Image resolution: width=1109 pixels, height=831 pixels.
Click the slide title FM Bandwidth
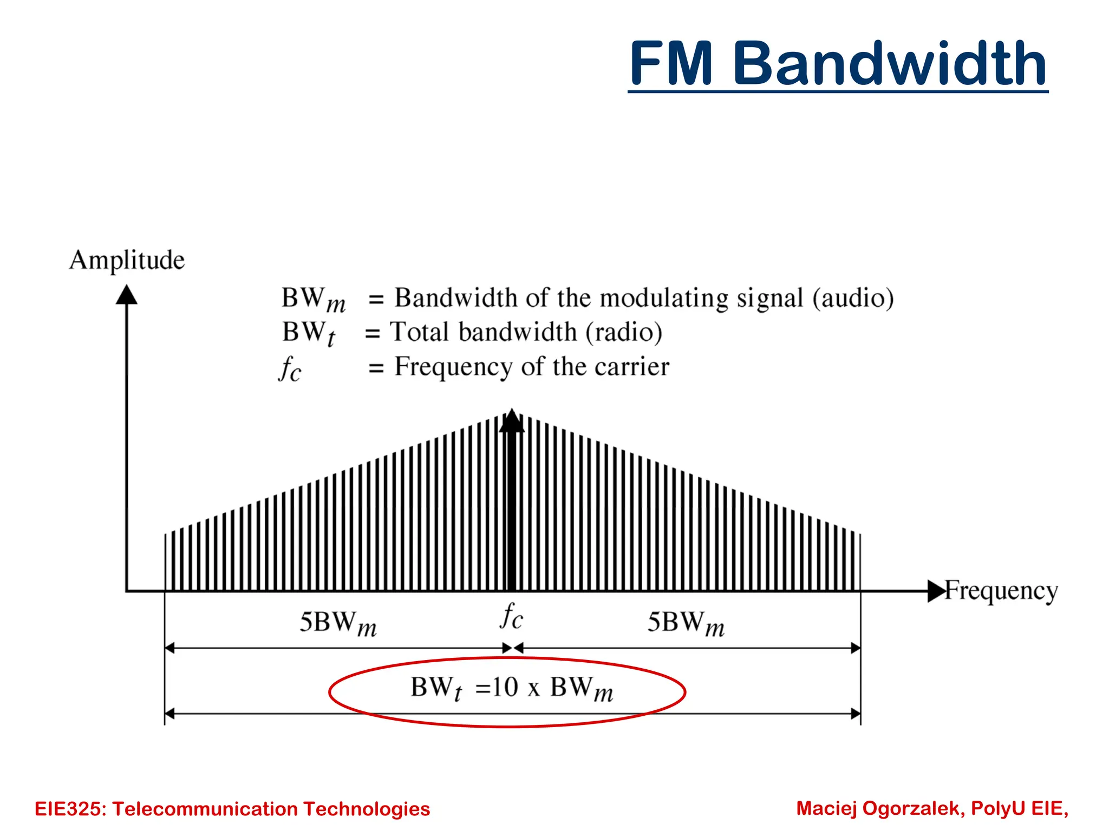coord(838,64)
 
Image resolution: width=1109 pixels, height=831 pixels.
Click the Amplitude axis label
coord(127,260)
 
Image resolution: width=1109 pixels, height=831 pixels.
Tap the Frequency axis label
coord(1001,591)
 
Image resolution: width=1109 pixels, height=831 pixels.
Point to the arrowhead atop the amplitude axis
coord(127,295)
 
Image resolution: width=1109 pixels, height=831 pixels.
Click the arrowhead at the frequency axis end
coord(936,591)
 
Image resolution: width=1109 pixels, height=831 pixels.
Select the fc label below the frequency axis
coord(511,617)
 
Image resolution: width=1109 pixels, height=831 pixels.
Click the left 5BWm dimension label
coord(338,623)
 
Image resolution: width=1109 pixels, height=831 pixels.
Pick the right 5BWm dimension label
coord(686,623)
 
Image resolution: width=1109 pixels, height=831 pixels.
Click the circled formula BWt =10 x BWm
coord(511,689)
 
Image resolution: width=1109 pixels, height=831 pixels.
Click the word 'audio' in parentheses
coord(853,299)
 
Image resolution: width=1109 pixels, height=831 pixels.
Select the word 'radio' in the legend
coord(624,332)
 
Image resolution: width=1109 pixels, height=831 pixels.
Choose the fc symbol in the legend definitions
coord(290,369)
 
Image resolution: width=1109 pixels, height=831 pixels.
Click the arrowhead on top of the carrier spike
coord(511,421)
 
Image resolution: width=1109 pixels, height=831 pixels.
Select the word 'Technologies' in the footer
coord(367,809)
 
